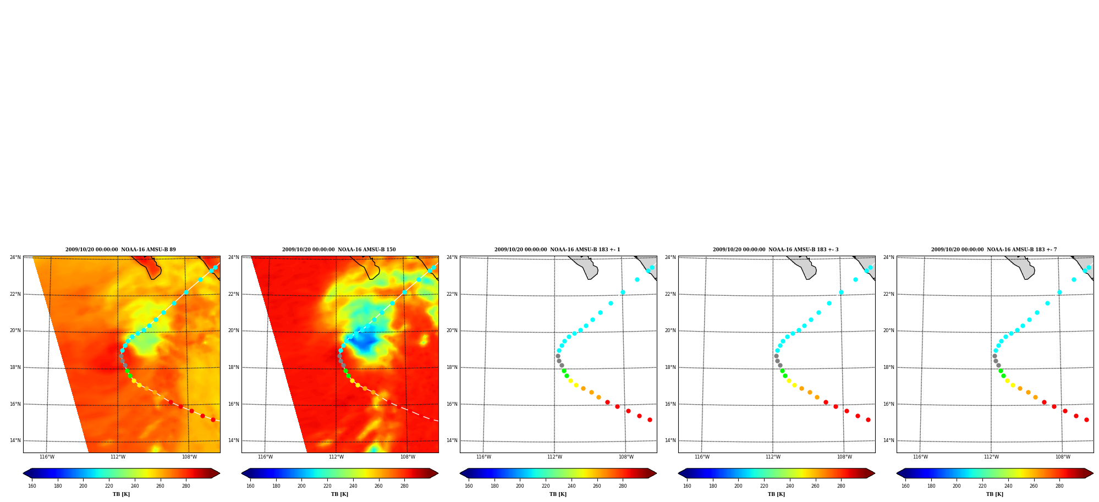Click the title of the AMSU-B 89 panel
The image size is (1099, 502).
[120, 250]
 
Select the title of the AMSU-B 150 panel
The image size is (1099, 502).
[339, 250]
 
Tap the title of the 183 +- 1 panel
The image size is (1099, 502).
[557, 250]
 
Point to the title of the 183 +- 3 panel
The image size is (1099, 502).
[776, 250]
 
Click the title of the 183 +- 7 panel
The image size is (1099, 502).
[994, 250]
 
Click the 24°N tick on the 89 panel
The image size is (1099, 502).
[15, 257]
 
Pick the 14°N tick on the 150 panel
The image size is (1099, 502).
[234, 440]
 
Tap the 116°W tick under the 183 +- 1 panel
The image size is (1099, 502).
[483, 457]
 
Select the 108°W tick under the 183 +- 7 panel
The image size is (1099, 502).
[1063, 457]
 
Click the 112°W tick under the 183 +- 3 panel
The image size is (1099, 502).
[773, 457]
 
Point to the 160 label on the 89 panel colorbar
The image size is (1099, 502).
[32, 486]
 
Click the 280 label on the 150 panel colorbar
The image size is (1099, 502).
[404, 486]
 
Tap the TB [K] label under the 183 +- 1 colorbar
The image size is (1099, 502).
[558, 494]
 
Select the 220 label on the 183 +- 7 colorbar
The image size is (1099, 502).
[982, 486]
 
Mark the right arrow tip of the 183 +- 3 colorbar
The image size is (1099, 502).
[875, 473]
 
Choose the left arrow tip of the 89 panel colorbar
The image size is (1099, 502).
[23, 473]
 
